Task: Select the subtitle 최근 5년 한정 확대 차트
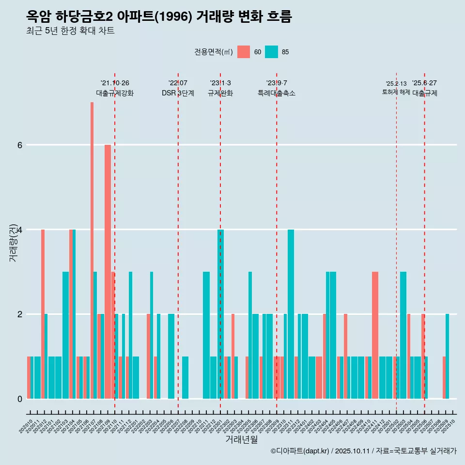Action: [x=70, y=31]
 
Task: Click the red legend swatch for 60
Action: [x=244, y=52]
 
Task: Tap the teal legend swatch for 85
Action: [x=272, y=52]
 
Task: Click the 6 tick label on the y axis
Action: [x=20, y=145]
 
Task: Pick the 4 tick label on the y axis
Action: [x=20, y=230]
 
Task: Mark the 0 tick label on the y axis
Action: [x=20, y=399]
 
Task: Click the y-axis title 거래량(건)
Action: [x=14, y=243]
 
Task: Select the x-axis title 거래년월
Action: [x=241, y=439]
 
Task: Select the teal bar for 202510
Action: [x=448, y=356]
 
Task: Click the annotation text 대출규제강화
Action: [x=115, y=93]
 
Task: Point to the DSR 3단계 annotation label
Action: [x=178, y=93]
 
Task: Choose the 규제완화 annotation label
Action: [x=220, y=93]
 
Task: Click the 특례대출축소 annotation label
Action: [x=277, y=93]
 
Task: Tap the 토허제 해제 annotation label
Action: [x=396, y=92]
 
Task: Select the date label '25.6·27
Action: [x=424, y=83]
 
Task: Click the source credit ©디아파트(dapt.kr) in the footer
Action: [x=300, y=451]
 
